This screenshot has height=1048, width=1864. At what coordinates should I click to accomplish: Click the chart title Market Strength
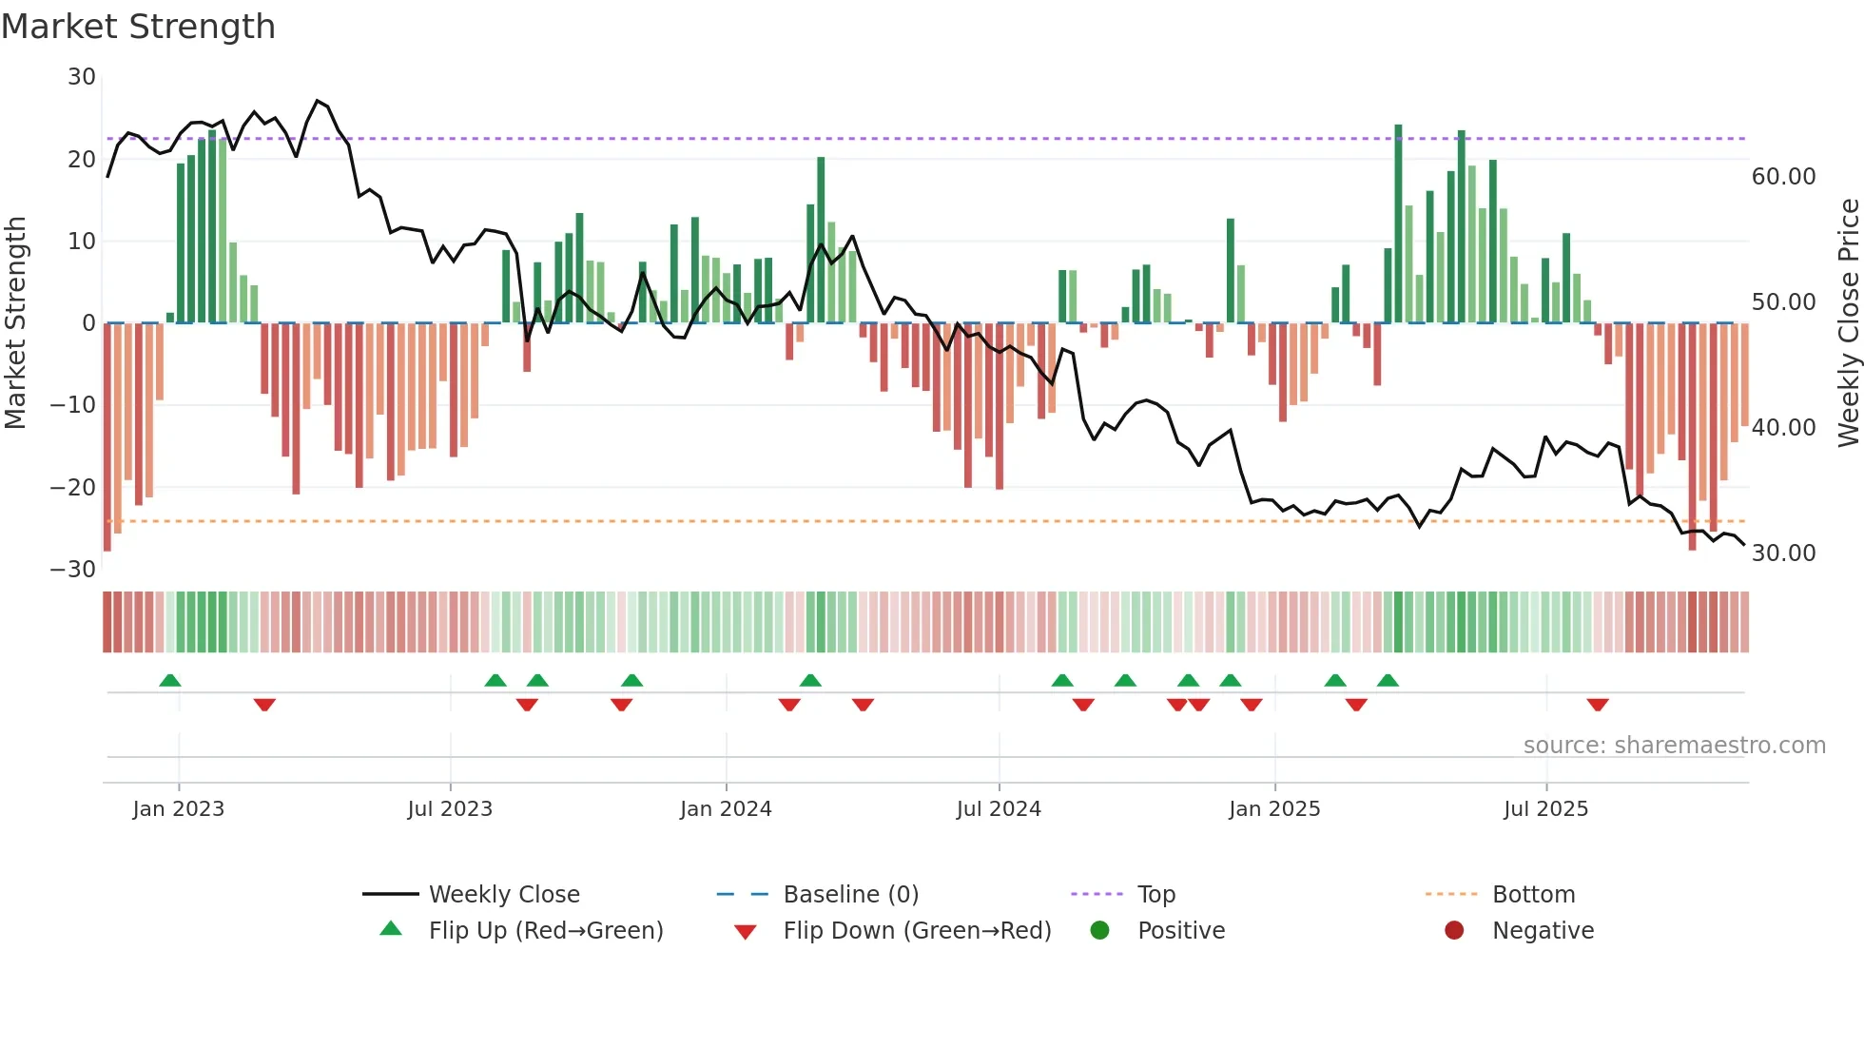pyautogui.click(x=138, y=27)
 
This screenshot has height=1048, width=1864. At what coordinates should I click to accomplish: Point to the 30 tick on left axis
pyautogui.click(x=82, y=77)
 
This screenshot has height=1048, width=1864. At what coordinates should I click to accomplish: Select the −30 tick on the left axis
pyautogui.click(x=73, y=570)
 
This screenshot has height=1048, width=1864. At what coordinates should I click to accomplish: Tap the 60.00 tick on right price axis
pyautogui.click(x=1783, y=177)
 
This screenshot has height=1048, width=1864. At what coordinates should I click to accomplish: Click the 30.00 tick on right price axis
pyautogui.click(x=1783, y=553)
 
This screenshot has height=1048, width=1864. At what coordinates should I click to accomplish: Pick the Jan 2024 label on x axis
pyautogui.click(x=726, y=809)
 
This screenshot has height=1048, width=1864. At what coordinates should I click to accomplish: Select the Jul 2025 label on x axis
pyautogui.click(x=1545, y=809)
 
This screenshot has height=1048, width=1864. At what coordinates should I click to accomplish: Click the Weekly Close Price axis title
pyautogui.click(x=1848, y=323)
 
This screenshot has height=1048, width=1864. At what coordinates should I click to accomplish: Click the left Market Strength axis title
pyautogui.click(x=15, y=323)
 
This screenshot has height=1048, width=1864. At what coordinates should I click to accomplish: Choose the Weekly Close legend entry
pyautogui.click(x=504, y=895)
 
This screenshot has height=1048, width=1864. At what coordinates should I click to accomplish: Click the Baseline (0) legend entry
pyautogui.click(x=850, y=895)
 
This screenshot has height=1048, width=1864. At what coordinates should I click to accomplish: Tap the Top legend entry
pyautogui.click(x=1156, y=895)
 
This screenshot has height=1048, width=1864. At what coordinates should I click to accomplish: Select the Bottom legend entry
pyautogui.click(x=1533, y=895)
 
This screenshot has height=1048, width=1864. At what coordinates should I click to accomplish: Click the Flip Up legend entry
pyautogui.click(x=545, y=931)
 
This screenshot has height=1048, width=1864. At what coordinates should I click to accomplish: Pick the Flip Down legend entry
pyautogui.click(x=917, y=931)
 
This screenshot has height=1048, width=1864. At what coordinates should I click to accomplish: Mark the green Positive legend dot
pyautogui.click(x=1099, y=931)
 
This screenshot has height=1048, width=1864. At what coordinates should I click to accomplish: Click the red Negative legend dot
pyautogui.click(x=1454, y=931)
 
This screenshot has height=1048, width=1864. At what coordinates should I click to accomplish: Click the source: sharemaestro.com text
pyautogui.click(x=1674, y=746)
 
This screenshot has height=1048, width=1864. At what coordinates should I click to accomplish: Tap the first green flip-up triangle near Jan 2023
pyautogui.click(x=170, y=681)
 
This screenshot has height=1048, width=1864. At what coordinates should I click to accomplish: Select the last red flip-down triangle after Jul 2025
pyautogui.click(x=1598, y=705)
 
